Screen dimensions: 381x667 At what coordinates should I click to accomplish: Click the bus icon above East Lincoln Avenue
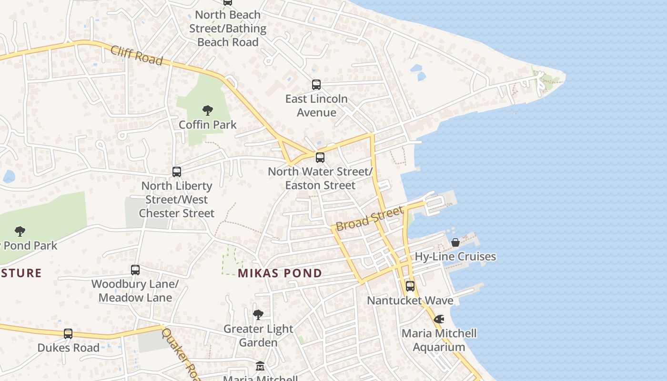[316, 85]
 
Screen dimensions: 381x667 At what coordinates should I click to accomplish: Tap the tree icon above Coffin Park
[207, 110]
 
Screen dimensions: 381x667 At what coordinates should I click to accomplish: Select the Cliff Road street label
[137, 55]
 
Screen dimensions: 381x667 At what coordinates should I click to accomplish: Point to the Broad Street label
[370, 219]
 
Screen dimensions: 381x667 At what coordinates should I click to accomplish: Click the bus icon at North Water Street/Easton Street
[320, 157]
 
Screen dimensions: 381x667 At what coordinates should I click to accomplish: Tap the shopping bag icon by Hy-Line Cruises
[455, 242]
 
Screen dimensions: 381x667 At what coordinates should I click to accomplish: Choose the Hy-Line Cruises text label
[455, 257]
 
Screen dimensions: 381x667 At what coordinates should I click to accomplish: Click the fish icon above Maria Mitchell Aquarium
[439, 319]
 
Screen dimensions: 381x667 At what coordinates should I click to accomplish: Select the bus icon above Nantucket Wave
[410, 286]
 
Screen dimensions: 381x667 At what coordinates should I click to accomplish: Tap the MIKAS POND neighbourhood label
[280, 273]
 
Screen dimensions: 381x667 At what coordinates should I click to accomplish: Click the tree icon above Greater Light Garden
[258, 314]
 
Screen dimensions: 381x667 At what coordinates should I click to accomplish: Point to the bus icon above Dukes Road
[68, 333]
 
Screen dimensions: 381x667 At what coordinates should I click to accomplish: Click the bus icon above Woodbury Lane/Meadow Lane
[135, 270]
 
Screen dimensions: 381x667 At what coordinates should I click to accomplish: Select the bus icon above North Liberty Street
[177, 171]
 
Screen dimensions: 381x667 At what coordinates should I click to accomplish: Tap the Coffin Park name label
[208, 125]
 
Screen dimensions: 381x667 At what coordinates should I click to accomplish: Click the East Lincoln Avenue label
[316, 106]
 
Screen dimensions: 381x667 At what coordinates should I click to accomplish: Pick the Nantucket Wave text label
[410, 301]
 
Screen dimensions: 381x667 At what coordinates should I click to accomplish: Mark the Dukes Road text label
[69, 348]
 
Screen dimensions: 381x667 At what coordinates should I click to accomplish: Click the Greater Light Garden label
[258, 336]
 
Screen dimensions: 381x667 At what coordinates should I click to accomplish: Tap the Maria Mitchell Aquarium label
[439, 340]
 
